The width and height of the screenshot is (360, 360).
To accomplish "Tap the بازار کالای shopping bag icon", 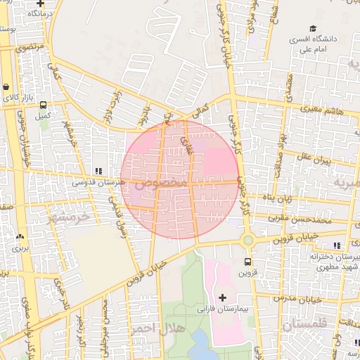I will (6, 87).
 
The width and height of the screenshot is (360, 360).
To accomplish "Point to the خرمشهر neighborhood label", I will (70, 218).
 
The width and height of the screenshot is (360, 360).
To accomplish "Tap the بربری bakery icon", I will (19, 238).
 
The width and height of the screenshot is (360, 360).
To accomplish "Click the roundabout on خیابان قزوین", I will (247, 240).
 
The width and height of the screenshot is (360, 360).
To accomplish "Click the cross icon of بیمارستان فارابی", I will (223, 298).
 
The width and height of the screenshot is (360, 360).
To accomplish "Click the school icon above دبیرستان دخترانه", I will (337, 245).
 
